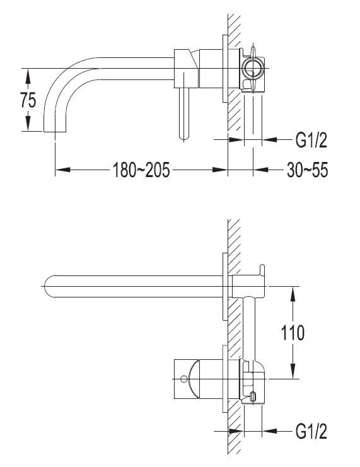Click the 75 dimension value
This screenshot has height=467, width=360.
28,100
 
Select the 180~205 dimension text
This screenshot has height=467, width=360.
141,170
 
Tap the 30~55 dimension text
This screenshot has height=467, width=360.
307,170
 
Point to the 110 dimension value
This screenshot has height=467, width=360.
293,332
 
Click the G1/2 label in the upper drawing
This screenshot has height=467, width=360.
311,140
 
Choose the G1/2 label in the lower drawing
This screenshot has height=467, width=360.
311,431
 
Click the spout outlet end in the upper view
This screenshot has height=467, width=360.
55,131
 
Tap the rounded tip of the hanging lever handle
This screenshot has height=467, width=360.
184,137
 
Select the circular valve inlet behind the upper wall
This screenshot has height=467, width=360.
253,68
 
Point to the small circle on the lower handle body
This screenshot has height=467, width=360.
184,379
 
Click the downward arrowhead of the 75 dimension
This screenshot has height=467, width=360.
28,124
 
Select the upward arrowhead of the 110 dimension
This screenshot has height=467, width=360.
293,294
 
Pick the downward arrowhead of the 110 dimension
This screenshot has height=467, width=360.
293,371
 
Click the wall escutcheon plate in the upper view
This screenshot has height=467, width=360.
225,69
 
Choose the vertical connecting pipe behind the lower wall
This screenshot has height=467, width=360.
249,328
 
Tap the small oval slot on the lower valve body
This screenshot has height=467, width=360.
253,396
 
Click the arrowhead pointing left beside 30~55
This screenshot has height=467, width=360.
262,170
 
